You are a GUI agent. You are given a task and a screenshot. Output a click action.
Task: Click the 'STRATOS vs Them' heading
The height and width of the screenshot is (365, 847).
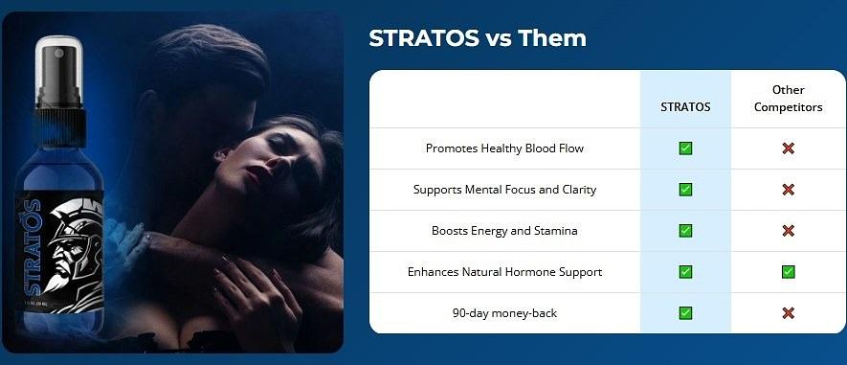coord(478,38)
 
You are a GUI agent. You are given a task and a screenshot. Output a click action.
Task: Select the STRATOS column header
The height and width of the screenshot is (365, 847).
coord(685,107)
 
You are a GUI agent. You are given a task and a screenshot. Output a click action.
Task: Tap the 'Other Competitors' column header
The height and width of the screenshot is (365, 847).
coord(788,99)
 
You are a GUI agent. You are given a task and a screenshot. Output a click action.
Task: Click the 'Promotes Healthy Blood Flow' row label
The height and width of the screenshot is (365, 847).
coord(504,148)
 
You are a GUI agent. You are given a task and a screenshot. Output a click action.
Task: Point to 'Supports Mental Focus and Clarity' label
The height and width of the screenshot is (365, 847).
coord(504,190)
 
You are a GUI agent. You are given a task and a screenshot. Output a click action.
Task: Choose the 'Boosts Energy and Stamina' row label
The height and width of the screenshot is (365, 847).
coord(504,231)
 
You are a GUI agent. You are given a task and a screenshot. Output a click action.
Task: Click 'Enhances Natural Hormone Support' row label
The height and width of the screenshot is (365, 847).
coord(504,272)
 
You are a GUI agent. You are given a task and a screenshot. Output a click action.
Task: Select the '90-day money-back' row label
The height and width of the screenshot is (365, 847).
coord(504,313)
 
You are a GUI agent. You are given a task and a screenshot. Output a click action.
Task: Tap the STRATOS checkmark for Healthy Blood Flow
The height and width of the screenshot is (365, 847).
coord(685,148)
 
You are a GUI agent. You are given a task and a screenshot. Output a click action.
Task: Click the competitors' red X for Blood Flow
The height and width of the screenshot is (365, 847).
coord(788,148)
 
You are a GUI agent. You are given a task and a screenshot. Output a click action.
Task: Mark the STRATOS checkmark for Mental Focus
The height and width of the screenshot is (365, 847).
coord(685,190)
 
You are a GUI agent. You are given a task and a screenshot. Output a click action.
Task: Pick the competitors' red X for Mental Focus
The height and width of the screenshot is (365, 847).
coord(788,190)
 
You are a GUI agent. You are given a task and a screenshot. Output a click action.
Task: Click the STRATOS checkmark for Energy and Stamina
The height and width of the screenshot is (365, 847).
coord(685,231)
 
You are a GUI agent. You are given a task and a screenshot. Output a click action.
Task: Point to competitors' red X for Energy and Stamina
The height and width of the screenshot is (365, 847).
coord(788,231)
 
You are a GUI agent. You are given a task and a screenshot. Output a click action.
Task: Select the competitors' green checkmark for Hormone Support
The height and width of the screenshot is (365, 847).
coord(788,272)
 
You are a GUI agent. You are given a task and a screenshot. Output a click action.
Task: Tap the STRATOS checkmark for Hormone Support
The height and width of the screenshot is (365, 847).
coord(685,272)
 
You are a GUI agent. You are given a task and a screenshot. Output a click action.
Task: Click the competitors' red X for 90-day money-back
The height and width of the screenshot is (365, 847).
coord(788,313)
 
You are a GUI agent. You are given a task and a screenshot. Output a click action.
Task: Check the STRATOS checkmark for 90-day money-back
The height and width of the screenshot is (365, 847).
coord(685,313)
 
